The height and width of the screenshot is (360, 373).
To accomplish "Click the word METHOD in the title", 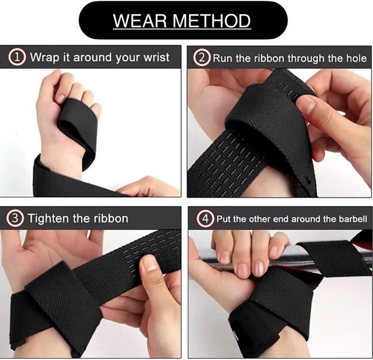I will click(214, 21).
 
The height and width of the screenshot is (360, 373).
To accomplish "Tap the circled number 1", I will click(19, 58).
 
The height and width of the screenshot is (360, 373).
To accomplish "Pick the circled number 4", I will click(204, 218).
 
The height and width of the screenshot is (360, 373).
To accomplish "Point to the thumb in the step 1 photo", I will click(48, 111).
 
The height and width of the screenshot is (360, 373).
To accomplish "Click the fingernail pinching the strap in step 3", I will click(151, 263).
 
